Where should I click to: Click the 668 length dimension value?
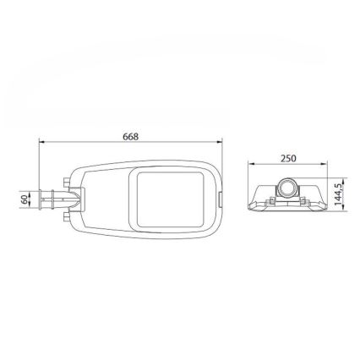click(131, 137)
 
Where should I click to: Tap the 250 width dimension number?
click(288, 158)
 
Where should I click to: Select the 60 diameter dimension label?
click(25, 199)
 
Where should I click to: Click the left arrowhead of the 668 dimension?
click(41, 142)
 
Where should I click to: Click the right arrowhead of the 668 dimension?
click(220, 142)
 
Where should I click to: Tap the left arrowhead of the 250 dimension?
click(251, 163)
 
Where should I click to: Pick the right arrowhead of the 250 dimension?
click(325, 163)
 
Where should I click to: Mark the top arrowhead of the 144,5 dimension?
click(343, 181)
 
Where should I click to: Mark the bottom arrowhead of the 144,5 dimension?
click(343, 207)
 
